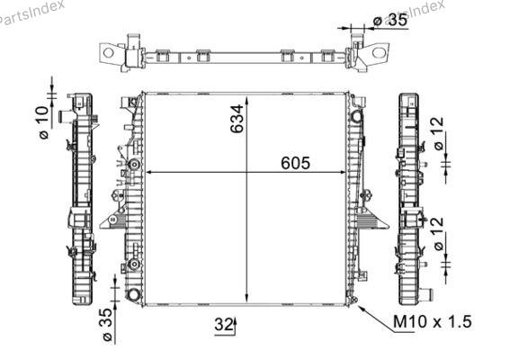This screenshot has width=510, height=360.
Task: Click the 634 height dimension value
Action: [237, 119]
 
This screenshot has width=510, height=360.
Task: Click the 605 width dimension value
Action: [295, 163]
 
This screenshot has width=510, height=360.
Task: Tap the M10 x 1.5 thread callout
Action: [433, 321]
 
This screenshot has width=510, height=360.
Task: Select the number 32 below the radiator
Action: [223, 324]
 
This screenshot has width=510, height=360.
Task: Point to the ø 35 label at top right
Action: [390, 21]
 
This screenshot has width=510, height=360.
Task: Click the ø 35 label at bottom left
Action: [107, 325]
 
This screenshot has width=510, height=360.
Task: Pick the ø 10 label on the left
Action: [44, 122]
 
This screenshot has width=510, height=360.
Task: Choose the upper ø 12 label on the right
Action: [439, 133]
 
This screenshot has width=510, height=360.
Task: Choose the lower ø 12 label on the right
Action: [439, 234]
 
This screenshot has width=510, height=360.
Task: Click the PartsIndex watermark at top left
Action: [31, 13]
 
